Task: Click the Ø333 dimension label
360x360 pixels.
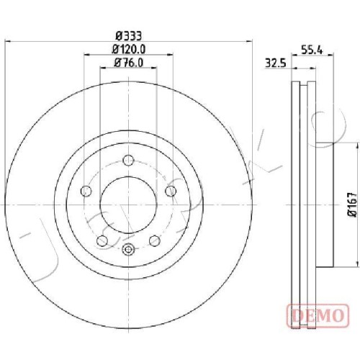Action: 129,36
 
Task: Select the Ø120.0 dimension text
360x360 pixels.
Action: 129,50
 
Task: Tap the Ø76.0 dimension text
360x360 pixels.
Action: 129,63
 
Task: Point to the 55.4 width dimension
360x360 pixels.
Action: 312,50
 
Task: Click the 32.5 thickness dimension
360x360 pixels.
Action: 276,64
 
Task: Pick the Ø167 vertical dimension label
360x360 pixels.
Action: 353,204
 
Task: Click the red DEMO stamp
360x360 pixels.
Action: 318,315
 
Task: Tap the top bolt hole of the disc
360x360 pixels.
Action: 128,160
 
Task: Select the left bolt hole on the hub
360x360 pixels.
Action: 86,191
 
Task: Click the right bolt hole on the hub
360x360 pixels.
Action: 171,191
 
